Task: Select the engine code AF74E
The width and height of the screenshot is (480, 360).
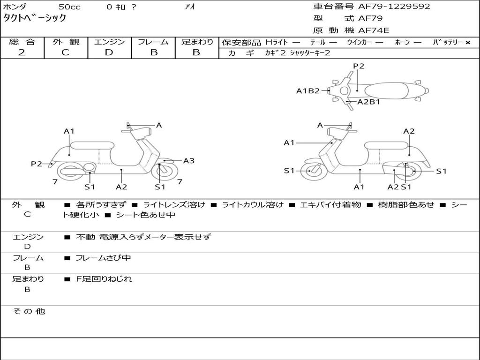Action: click(x=374, y=31)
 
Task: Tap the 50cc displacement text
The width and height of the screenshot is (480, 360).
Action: click(x=69, y=7)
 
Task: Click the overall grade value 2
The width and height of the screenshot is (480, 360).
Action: click(x=22, y=52)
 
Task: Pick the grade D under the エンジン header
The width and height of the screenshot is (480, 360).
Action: click(x=109, y=52)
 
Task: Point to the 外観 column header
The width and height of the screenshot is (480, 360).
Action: click(x=66, y=42)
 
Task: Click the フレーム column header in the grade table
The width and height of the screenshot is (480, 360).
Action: click(x=153, y=42)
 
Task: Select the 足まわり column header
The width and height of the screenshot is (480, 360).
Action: click(x=197, y=42)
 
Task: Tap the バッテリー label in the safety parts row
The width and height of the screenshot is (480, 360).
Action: click(x=448, y=42)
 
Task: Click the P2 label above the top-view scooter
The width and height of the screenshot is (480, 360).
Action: click(x=359, y=66)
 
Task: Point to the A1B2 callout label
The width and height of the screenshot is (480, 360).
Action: click(x=308, y=91)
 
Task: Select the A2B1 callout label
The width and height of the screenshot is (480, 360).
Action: click(x=368, y=102)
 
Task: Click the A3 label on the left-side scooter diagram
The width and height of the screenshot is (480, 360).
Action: click(x=189, y=161)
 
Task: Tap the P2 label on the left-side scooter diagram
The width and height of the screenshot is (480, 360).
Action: click(x=37, y=164)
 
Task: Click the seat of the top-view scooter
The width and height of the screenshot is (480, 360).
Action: click(x=387, y=90)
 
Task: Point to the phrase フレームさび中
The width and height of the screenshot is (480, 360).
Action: click(x=103, y=258)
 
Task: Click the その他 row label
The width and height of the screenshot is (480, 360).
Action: click(x=29, y=311)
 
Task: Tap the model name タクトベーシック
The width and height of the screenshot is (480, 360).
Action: click(x=35, y=18)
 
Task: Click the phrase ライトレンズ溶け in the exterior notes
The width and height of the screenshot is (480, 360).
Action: click(x=174, y=205)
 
